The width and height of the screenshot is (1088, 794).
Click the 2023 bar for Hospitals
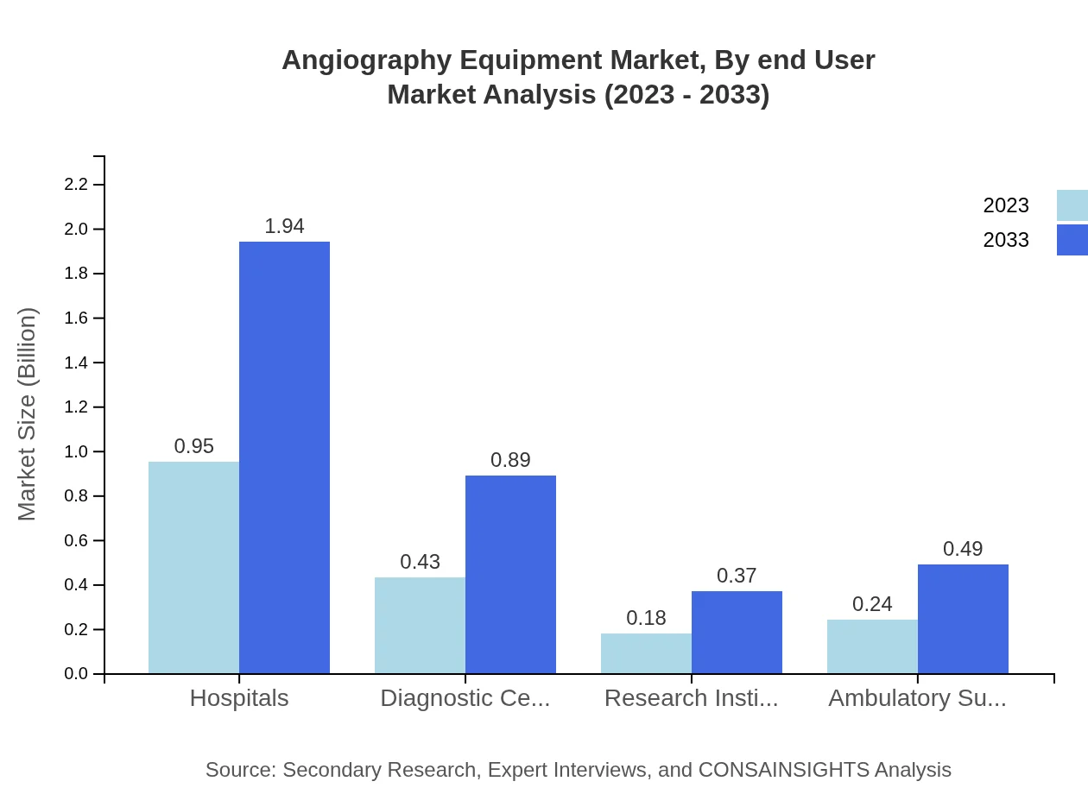(193, 567)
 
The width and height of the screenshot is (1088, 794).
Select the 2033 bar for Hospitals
(284, 457)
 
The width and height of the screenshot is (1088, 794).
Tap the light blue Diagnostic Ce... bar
(420, 625)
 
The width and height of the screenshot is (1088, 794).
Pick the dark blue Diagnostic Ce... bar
(510, 574)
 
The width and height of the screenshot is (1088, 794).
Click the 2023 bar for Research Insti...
(646, 653)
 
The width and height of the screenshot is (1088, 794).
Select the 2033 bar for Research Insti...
(737, 632)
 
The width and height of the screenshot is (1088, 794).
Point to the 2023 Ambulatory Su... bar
(872, 646)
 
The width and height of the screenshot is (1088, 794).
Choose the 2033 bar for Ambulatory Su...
(963, 619)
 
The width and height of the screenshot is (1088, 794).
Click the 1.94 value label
(284, 226)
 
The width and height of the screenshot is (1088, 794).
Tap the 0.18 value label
(646, 618)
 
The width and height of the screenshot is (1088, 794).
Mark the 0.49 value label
(963, 549)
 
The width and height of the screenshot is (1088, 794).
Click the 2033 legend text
(1006, 240)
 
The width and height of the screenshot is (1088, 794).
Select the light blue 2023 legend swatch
(1072, 205)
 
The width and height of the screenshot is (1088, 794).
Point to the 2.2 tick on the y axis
(76, 185)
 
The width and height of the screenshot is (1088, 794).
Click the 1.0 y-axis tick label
(76, 451)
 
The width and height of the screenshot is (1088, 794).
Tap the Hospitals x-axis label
(239, 698)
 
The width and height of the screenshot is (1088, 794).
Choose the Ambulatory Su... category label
(917, 698)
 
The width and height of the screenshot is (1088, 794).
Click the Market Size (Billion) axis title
(28, 414)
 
